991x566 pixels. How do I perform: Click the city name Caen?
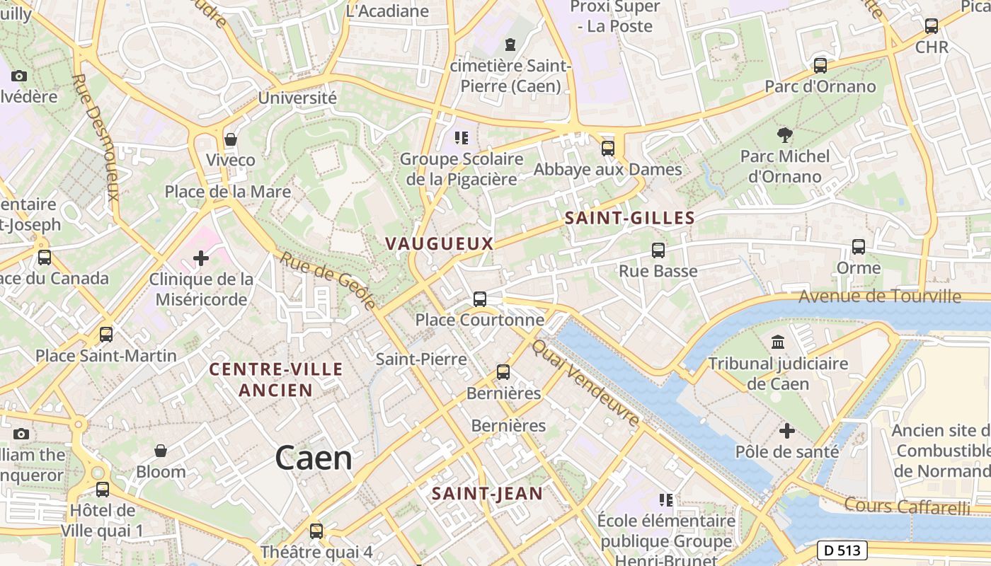[x=314, y=458]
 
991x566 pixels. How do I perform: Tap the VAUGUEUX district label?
[x=439, y=243]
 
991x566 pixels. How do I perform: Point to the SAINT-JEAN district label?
[x=487, y=494]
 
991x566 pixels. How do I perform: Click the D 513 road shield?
[x=842, y=550]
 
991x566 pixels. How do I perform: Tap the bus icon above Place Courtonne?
[x=480, y=299]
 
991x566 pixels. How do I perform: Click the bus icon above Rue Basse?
[x=658, y=250]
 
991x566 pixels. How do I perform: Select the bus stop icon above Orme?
[x=859, y=247]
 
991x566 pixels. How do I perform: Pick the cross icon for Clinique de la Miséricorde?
[x=201, y=258]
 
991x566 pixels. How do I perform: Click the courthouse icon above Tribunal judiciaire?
[x=778, y=342]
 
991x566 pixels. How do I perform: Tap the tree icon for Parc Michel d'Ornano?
[x=784, y=134]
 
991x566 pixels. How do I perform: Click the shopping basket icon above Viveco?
[x=230, y=139]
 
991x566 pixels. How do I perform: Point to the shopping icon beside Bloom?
[x=161, y=451]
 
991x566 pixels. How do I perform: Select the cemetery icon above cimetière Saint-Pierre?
[x=510, y=45]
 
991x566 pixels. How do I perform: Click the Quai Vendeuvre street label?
[x=586, y=383]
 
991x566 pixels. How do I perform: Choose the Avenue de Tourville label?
[x=880, y=296]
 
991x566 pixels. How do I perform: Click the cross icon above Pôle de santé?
[x=787, y=430]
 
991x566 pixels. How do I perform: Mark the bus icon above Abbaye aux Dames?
[x=607, y=148]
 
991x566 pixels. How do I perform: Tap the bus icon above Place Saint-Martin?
[x=106, y=334]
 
